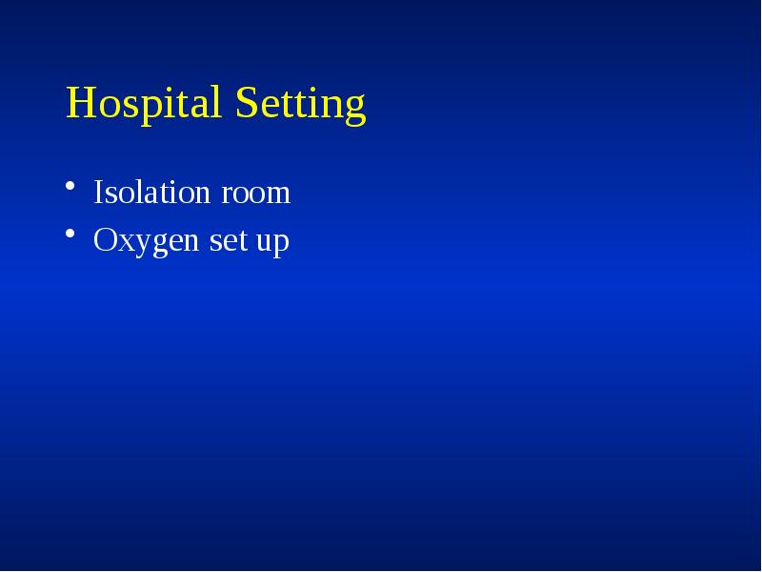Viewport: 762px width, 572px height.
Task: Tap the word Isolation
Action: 152,193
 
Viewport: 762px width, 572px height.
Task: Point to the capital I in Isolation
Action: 98,193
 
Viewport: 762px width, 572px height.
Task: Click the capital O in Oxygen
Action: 104,241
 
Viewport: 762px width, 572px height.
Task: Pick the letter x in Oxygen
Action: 123,243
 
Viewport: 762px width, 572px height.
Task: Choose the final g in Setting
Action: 354,108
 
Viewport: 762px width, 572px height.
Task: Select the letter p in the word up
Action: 280,245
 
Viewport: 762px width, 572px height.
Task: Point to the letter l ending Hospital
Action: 220,102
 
